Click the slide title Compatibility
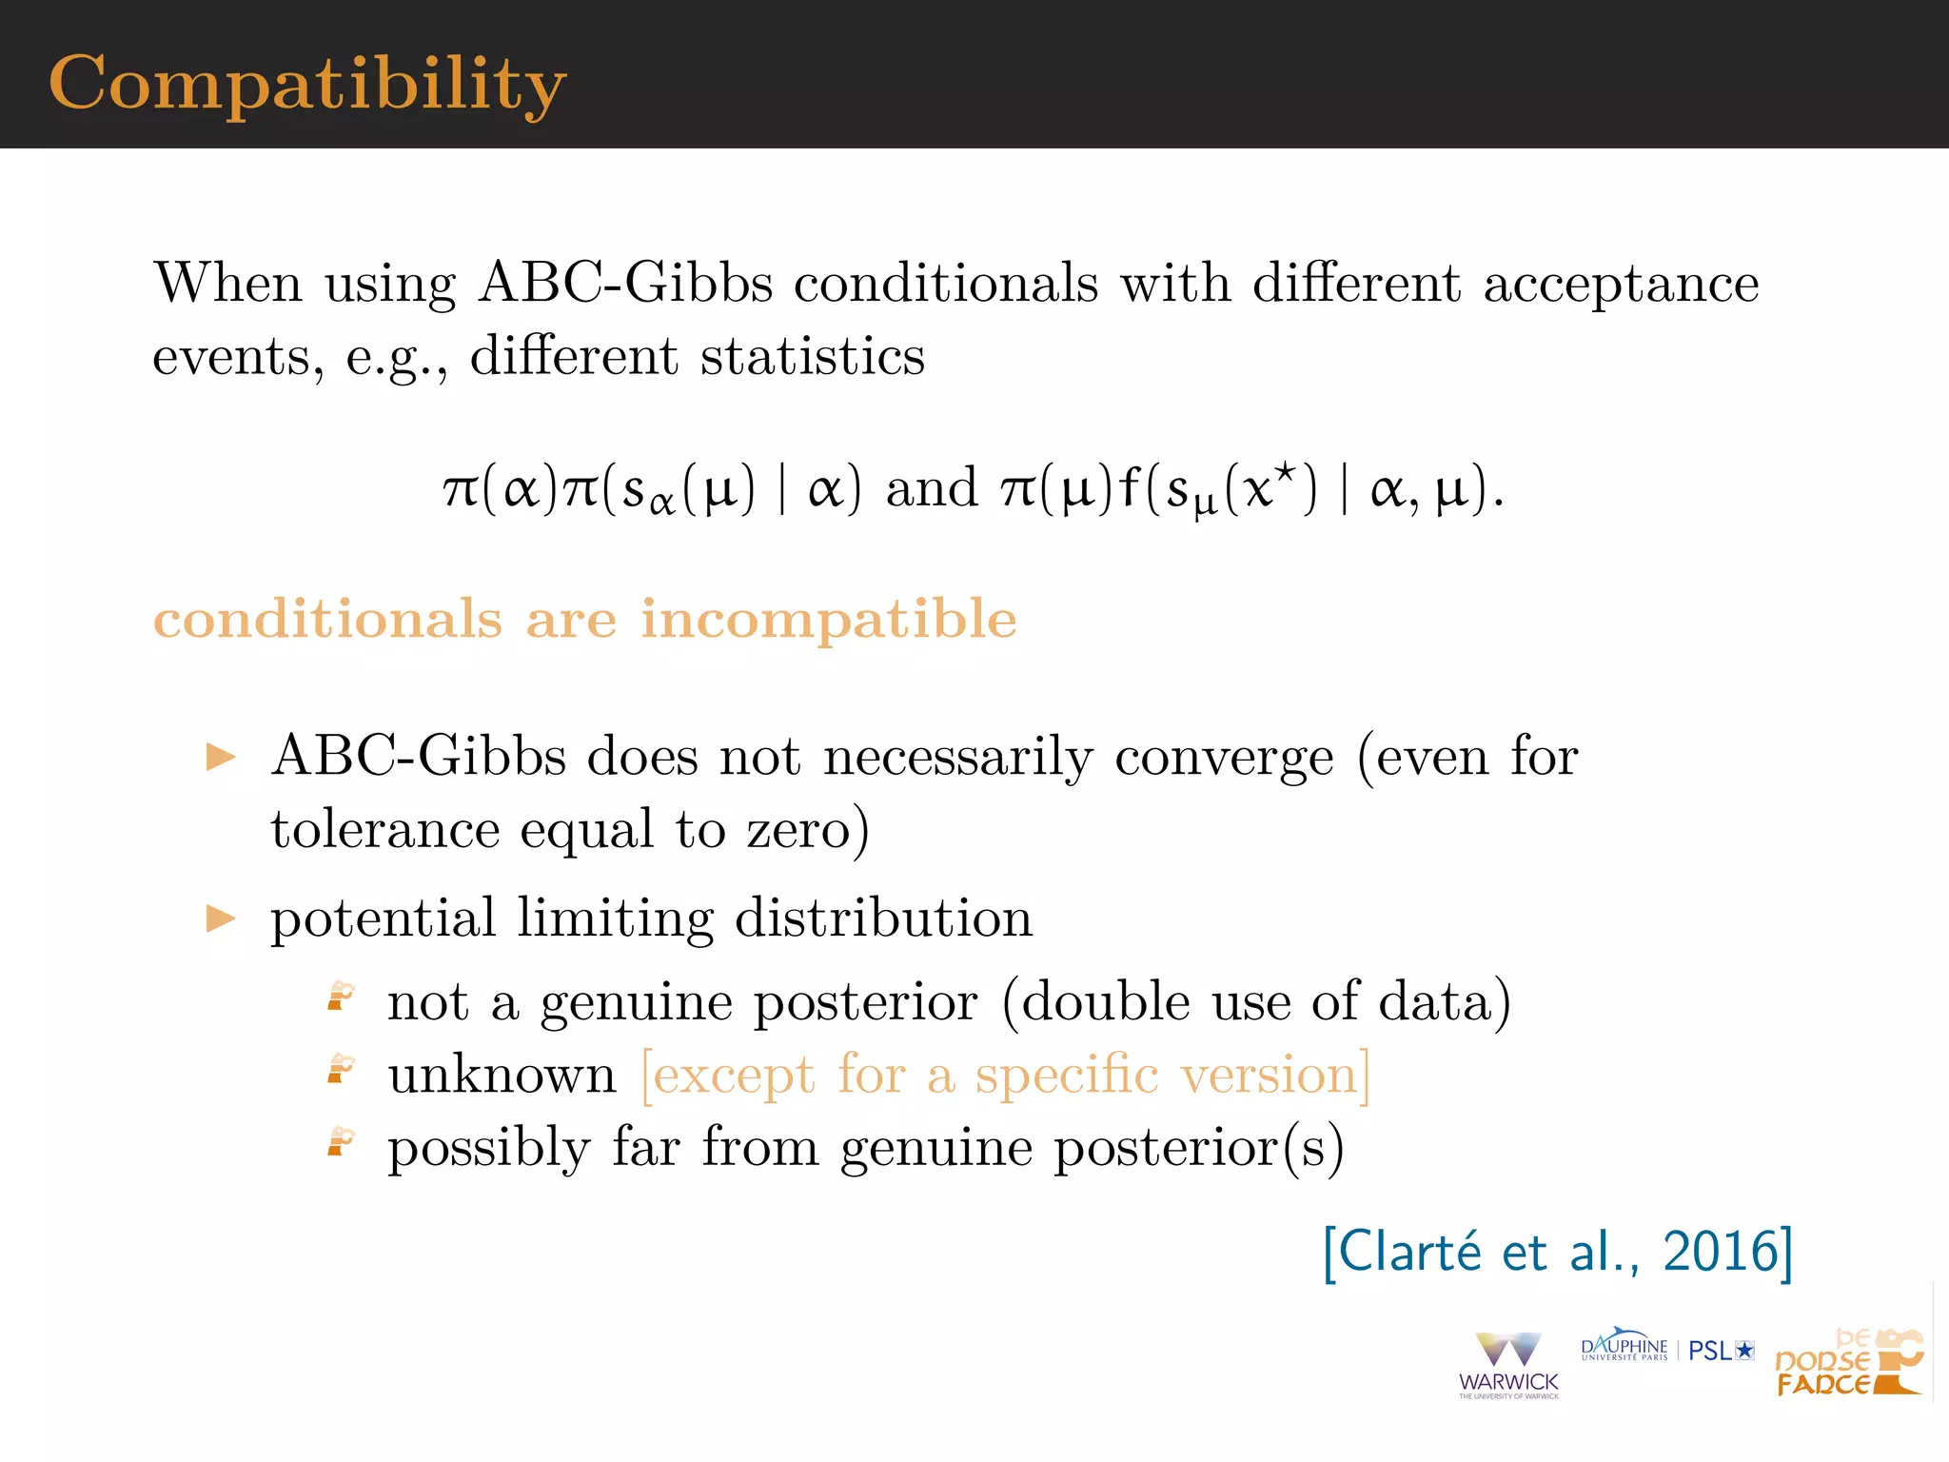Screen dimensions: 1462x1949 [x=306, y=84]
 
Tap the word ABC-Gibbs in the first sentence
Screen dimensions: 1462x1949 [x=625, y=283]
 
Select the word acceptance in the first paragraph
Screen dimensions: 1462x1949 [x=1621, y=285]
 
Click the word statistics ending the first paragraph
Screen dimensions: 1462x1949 [x=812, y=357]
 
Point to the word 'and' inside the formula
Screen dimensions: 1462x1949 [x=931, y=488]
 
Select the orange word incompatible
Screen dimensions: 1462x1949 [x=828, y=620]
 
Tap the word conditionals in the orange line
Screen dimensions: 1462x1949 [x=327, y=620]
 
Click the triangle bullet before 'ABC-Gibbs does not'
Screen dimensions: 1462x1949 [x=221, y=758]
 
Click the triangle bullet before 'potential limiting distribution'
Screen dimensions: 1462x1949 [x=221, y=919]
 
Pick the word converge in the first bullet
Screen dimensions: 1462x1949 [x=1224, y=759]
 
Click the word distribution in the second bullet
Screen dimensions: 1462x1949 [x=883, y=919]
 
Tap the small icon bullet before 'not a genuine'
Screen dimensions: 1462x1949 [x=341, y=997]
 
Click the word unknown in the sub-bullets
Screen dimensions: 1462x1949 [x=502, y=1076]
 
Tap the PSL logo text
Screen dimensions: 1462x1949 [x=1720, y=1351]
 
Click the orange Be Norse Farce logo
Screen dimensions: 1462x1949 [x=1848, y=1364]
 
